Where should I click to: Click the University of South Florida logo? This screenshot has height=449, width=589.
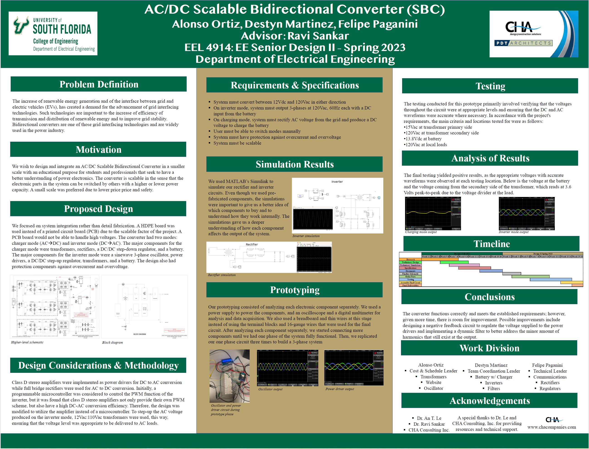53,33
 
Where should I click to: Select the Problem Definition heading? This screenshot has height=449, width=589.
99,84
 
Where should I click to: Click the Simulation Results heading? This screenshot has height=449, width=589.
294,164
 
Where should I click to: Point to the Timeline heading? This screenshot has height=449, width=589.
492,244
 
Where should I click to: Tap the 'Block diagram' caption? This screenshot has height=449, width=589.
112,343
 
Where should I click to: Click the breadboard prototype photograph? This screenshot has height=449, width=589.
229,376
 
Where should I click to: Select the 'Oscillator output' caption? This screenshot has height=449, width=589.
270,389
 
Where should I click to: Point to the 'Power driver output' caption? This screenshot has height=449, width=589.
340,389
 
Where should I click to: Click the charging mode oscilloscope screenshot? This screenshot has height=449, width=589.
433,214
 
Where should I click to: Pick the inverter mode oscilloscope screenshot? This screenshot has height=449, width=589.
526,214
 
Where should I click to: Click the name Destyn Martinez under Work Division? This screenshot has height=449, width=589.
491,365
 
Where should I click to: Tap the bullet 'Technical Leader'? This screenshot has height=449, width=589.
550,371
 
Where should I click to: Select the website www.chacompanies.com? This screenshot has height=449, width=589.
552,427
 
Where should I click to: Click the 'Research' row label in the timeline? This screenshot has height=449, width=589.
410,260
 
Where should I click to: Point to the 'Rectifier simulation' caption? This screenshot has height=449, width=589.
222,275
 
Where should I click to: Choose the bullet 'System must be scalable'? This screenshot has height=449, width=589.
237,143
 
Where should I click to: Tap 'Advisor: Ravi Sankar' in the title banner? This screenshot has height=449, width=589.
295,36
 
